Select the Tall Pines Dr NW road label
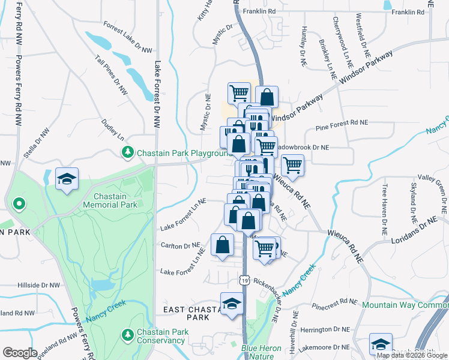click(x=112, y=76)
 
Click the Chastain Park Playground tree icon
click(x=127, y=152)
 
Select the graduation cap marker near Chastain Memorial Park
click(x=67, y=179)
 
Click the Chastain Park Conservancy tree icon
click(x=127, y=333)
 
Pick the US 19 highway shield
click(x=244, y=280)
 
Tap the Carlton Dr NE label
click(x=180, y=245)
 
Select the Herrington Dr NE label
click(x=325, y=329)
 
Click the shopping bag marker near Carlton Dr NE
click(x=222, y=245)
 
